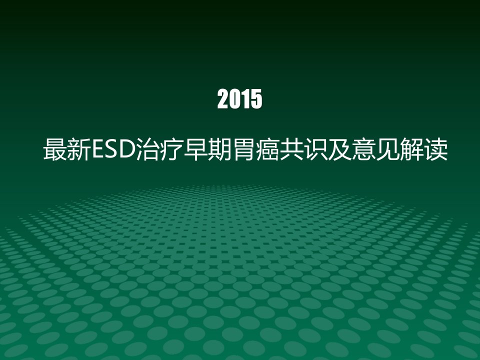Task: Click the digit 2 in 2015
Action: click(223, 99)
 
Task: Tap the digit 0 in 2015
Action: click(234, 99)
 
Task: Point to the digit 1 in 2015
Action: click(245, 99)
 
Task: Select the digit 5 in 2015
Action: click(256, 99)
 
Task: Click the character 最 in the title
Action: click(55, 149)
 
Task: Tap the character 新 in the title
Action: click(78, 149)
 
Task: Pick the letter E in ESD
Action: click(98, 149)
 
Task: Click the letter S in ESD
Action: click(111, 149)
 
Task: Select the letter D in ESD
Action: click(126, 149)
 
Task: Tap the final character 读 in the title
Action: click(435, 149)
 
